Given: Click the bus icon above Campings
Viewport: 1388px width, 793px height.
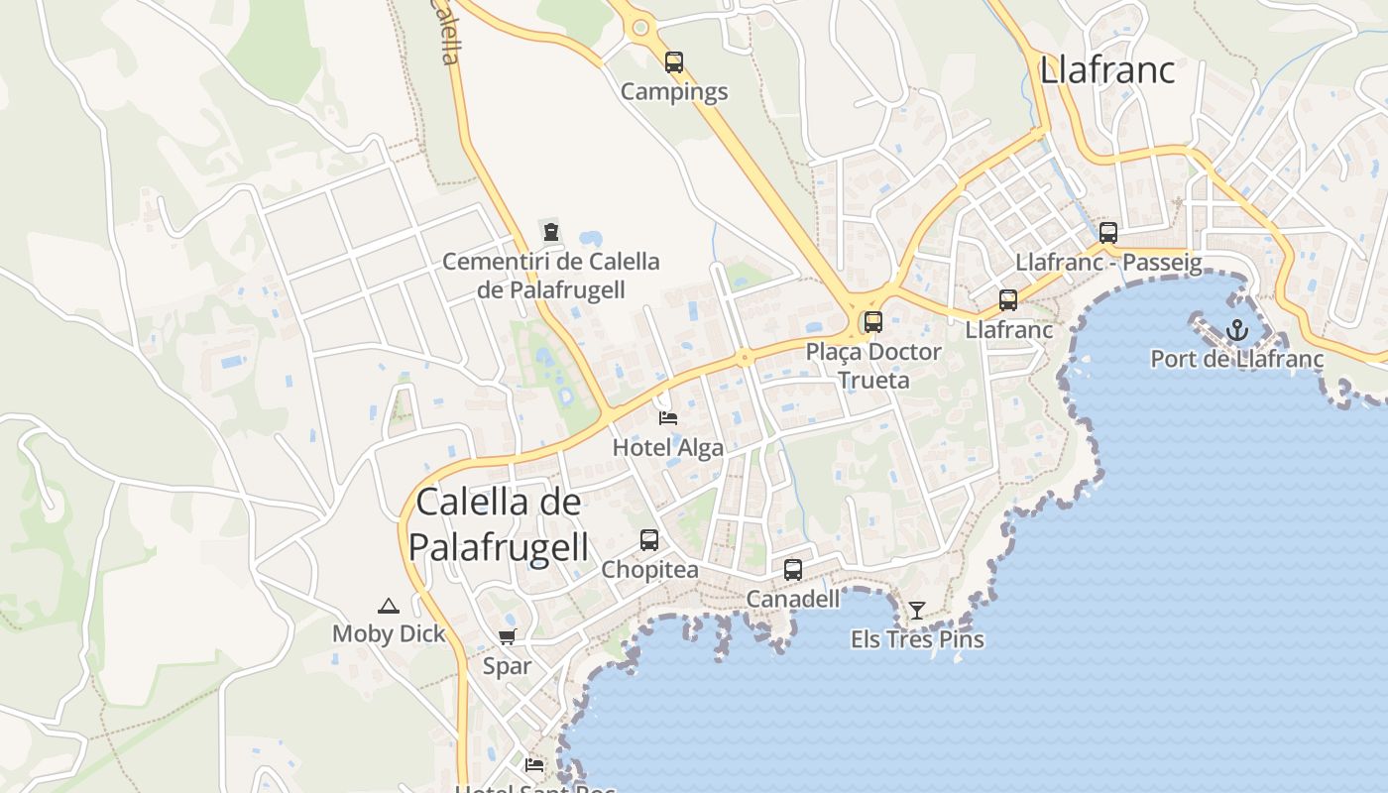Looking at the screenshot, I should (x=674, y=62).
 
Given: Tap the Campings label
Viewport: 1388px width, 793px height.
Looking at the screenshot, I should (x=674, y=92).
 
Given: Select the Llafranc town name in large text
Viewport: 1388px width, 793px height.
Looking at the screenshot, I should (x=1106, y=70).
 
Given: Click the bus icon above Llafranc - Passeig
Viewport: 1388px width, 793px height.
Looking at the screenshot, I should (x=1108, y=233).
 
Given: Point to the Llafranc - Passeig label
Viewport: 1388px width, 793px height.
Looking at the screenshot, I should (x=1108, y=263).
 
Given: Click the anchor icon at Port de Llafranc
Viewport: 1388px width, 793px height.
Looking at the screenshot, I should (x=1236, y=330).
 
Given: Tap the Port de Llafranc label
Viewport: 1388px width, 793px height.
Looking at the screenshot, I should (x=1236, y=359).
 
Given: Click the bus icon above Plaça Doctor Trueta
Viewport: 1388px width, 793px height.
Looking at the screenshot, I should (x=872, y=321).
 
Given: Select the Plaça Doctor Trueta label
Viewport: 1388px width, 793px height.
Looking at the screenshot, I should (x=872, y=365).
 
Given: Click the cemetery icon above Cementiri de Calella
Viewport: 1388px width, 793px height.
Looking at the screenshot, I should (x=551, y=232).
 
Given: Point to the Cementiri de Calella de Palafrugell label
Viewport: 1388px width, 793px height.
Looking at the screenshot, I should (x=551, y=276).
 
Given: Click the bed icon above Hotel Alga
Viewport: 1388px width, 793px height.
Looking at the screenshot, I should (x=668, y=418).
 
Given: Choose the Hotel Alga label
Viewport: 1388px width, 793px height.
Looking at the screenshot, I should (x=668, y=447).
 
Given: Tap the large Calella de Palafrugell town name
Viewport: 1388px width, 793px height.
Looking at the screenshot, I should (x=499, y=523).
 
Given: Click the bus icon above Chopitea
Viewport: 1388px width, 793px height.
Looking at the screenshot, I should (x=649, y=540).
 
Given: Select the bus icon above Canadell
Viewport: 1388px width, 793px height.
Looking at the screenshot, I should (x=793, y=570).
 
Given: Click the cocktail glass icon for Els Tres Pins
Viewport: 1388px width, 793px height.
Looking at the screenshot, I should (x=917, y=611).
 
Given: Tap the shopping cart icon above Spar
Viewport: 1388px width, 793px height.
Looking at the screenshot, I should (x=508, y=637).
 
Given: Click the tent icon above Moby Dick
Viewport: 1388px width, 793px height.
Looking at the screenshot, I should (x=389, y=606).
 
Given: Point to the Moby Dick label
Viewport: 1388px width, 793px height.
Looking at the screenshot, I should (x=389, y=634).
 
